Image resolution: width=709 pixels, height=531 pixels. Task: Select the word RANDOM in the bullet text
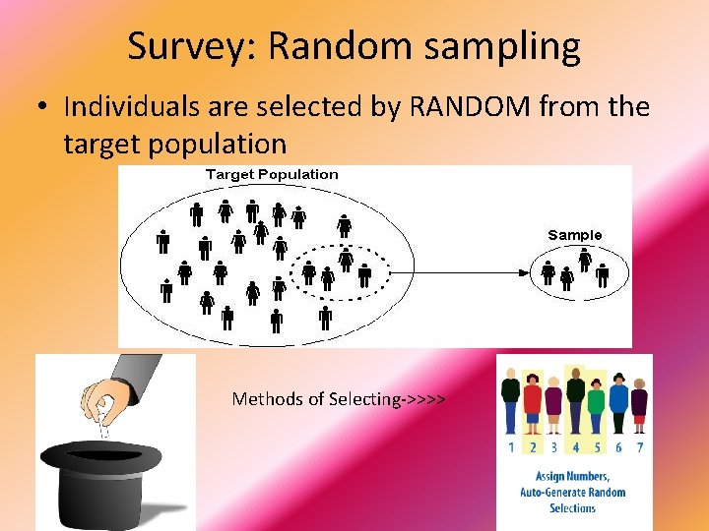440,106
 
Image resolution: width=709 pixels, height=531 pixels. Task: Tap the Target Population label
271,175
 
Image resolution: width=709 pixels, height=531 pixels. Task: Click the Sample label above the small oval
574,235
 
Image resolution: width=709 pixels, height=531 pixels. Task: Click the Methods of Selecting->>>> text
339,399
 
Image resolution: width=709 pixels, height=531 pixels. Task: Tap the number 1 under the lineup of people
511,447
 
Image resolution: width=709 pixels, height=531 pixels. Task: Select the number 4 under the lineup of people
576,447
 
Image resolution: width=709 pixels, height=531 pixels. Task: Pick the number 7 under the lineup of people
639,447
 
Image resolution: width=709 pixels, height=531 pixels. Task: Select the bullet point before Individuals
44,107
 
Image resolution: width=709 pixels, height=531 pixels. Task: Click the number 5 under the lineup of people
597,447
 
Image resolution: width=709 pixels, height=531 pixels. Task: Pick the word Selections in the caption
572,508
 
